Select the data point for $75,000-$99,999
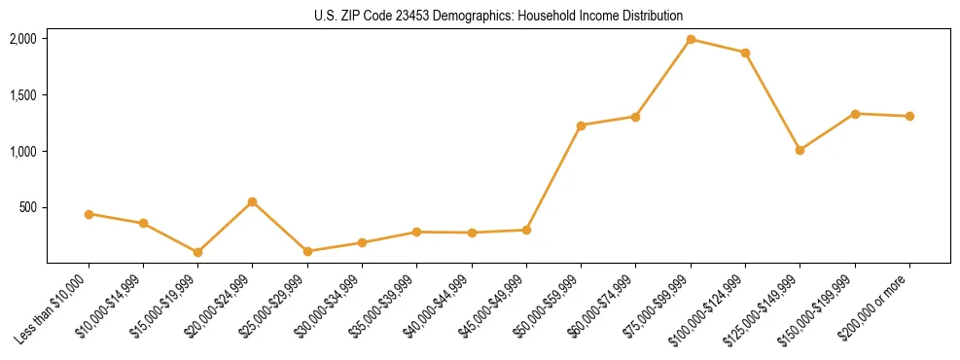tap(691, 40)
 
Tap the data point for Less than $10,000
tap(89, 214)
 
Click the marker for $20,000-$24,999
tap(253, 201)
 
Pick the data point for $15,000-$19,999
tap(197, 252)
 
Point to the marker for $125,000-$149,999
tap(800, 150)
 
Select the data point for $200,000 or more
tap(909, 116)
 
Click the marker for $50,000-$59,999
tap(581, 126)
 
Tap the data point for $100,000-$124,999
tap(745, 53)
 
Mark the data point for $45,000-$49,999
tap(526, 230)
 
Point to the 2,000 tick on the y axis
tap(22, 39)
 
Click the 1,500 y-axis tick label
tap(22, 95)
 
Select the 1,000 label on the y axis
tap(22, 152)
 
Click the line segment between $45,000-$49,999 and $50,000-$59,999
tap(553, 178)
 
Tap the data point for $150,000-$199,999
tap(855, 114)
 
